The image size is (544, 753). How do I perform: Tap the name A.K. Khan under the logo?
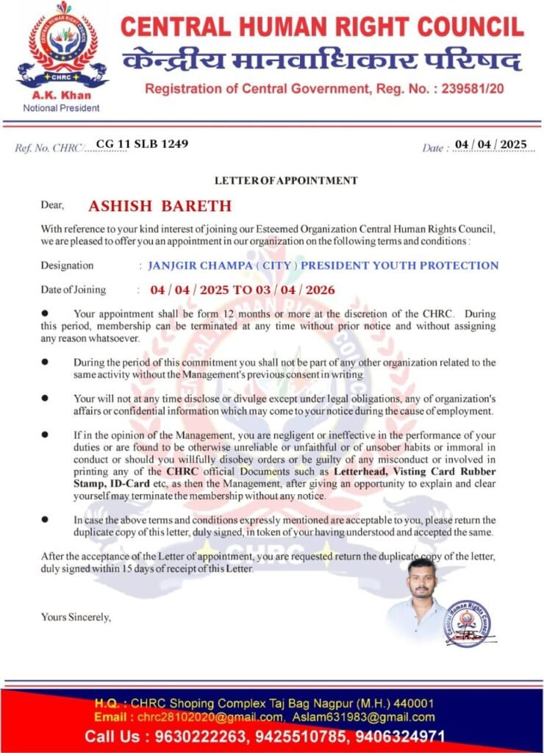[61, 96]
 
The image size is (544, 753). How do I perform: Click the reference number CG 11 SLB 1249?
[141, 143]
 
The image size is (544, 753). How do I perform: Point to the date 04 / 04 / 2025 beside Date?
[491, 144]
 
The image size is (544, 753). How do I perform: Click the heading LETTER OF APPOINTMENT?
[286, 180]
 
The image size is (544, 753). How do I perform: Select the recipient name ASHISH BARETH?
[160, 206]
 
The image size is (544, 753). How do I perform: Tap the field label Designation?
[67, 265]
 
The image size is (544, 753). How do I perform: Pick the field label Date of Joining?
[73, 290]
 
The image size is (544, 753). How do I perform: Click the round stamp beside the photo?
[468, 624]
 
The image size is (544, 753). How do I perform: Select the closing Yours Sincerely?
[76, 617]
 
